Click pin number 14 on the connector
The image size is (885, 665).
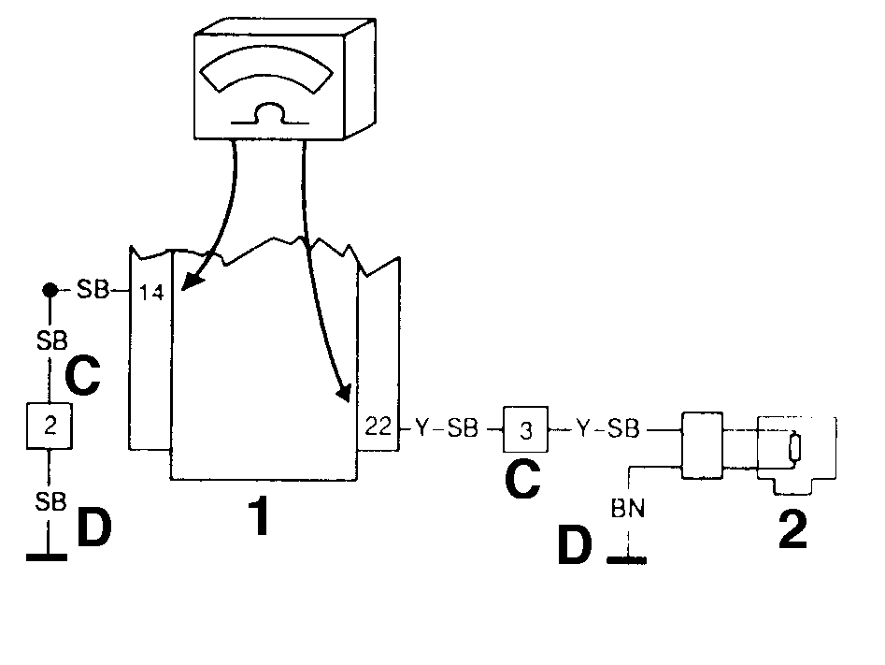(151, 293)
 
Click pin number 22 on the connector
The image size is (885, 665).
(378, 426)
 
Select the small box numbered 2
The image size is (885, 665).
(50, 426)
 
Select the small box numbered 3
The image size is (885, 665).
(525, 429)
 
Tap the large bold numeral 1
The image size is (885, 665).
(259, 516)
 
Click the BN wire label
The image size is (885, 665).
(628, 509)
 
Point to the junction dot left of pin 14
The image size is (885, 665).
(50, 290)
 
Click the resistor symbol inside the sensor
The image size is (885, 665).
(794, 447)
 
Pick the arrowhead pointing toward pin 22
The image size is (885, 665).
(343, 392)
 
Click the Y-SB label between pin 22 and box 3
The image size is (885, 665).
(447, 428)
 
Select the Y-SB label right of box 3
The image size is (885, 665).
(607, 428)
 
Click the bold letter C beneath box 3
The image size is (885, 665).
(522, 480)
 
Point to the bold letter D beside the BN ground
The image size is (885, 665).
(575, 544)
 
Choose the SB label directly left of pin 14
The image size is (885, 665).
(93, 290)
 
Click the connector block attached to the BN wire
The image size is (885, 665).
(702, 446)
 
